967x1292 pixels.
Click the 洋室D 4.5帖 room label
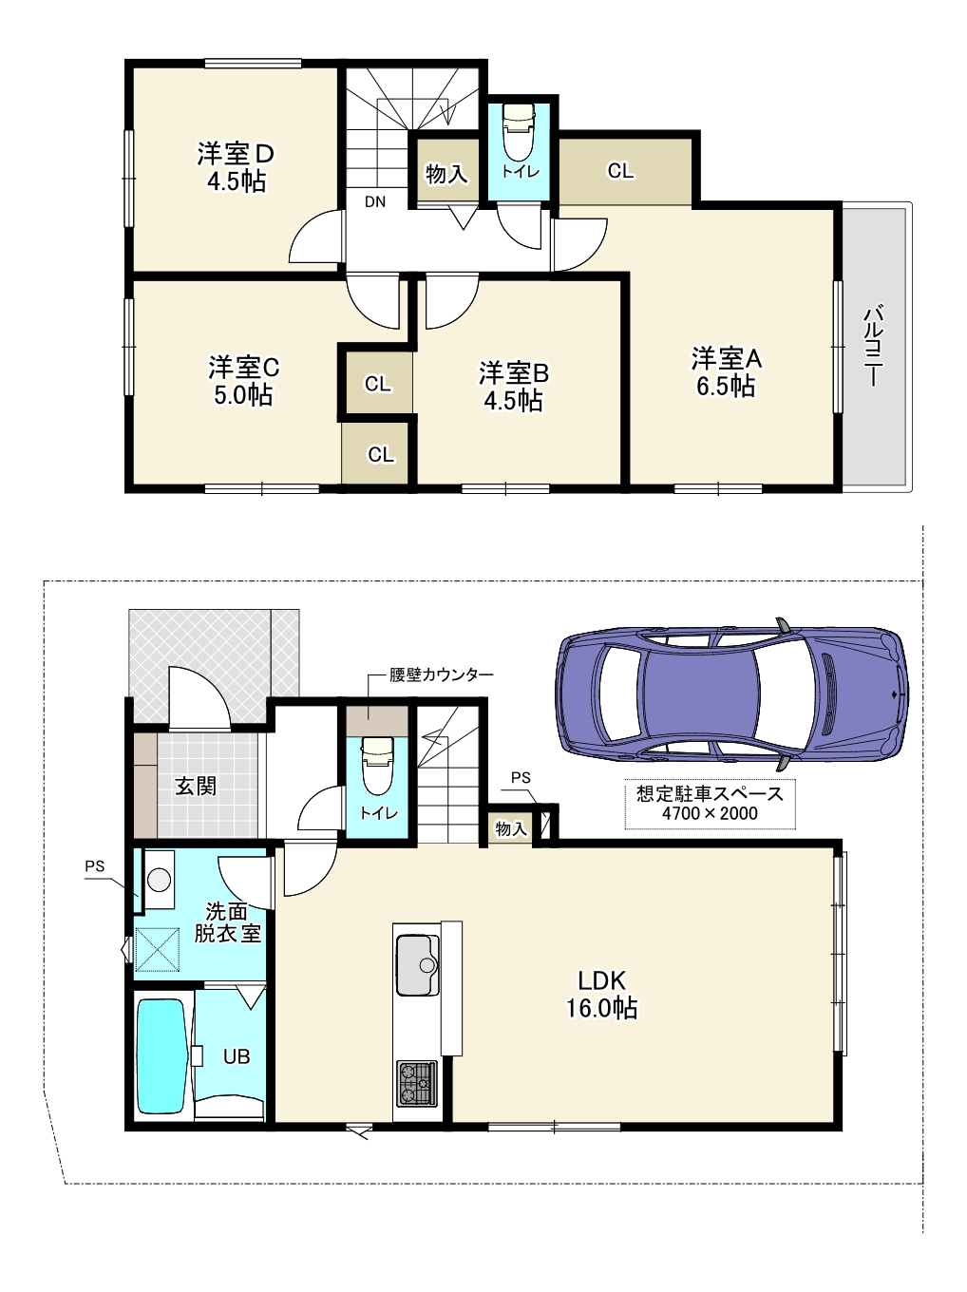[x=236, y=167]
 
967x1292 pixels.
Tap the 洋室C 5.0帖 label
[x=243, y=381]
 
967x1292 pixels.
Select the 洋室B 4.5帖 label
[x=513, y=387]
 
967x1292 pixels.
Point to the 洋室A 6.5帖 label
[x=727, y=372]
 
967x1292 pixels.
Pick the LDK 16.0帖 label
[x=601, y=995]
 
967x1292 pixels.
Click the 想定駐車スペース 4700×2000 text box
[x=710, y=804]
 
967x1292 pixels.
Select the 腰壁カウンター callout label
[x=442, y=674]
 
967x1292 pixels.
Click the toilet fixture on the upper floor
[x=519, y=133]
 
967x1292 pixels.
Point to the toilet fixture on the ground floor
[x=377, y=766]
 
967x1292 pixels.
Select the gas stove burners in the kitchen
[x=417, y=1082]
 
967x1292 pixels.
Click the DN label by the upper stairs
[x=375, y=202]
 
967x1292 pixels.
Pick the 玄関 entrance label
[x=196, y=786]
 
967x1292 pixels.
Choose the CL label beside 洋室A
[x=620, y=171]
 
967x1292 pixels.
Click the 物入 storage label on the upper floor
[x=446, y=174]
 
